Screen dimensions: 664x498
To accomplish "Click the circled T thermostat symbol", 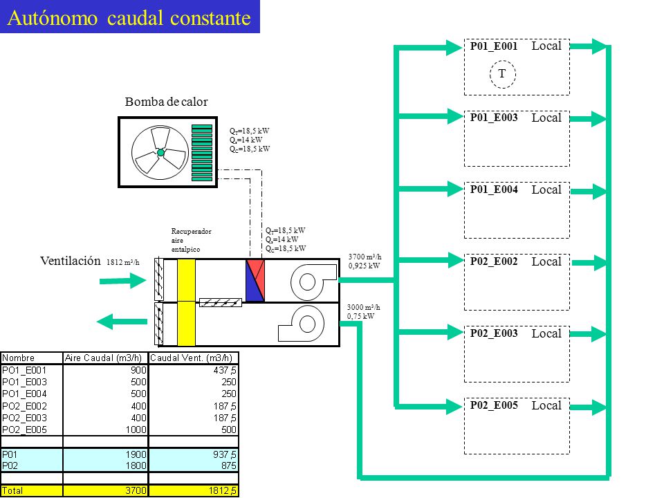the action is click(503, 74).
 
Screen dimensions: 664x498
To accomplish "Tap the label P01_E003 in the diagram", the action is click(494, 118).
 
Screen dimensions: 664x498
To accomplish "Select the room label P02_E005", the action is click(494, 405).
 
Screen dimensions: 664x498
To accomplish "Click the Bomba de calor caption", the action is click(167, 102).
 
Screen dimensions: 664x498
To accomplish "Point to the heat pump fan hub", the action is click(160, 152).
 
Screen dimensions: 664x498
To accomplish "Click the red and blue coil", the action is click(255, 280).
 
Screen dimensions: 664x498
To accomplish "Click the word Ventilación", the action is click(71, 261).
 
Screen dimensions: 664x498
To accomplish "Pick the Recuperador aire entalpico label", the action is click(191, 240).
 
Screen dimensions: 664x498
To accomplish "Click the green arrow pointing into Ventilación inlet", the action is click(123, 280).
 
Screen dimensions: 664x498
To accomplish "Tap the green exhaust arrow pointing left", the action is click(122, 322).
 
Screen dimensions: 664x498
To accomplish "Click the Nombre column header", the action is click(18, 358).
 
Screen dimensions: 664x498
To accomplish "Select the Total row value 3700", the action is click(136, 490).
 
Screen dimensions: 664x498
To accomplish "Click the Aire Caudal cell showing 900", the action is click(138, 370).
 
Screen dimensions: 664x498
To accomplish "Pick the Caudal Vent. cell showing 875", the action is click(228, 465).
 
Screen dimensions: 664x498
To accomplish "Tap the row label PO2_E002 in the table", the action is click(24, 406).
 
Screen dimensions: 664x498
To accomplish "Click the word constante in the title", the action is click(210, 18).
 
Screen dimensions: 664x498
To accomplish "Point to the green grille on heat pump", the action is click(202, 153).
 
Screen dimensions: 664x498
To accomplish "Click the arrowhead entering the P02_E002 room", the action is click(456, 260).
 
